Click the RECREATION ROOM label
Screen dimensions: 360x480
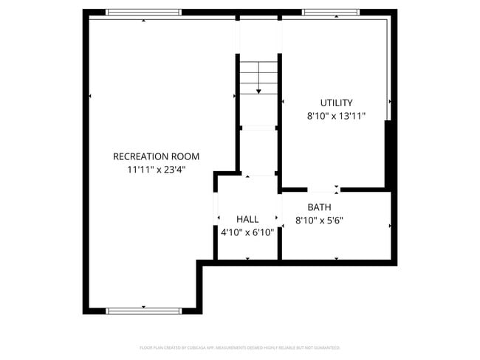pyautogui.click(x=156, y=156)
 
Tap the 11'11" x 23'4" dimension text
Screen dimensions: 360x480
pyautogui.click(x=156, y=170)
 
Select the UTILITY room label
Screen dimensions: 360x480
pyautogui.click(x=336, y=103)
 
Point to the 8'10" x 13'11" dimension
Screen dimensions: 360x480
pyautogui.click(x=336, y=116)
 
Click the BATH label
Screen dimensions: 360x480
pyautogui.click(x=319, y=207)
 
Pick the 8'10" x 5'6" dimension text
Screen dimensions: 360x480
pyautogui.click(x=319, y=220)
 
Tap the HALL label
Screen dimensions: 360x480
pyautogui.click(x=247, y=219)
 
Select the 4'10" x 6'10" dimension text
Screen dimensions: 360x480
pyautogui.click(x=247, y=232)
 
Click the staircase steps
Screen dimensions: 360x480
pyautogui.click(x=258, y=73)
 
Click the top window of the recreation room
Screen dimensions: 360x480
pyautogui.click(x=143, y=12)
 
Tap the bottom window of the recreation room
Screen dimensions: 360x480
pyautogui.click(x=143, y=311)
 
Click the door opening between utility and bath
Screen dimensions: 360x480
pyautogui.click(x=324, y=190)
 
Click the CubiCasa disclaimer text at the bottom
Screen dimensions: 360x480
pyautogui.click(x=239, y=347)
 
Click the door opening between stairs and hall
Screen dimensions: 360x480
pyautogui.click(x=258, y=174)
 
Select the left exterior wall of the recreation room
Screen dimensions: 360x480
pyautogui.click(x=86, y=162)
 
